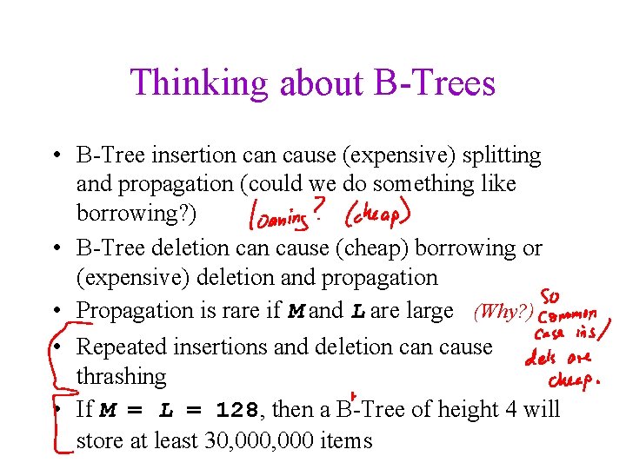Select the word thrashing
point(121,376)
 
